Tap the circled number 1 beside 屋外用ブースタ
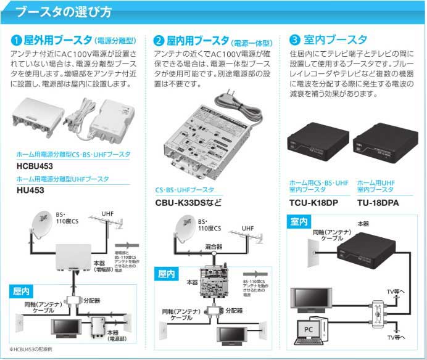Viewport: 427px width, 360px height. click(x=17, y=41)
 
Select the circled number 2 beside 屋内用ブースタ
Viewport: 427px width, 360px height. click(x=159, y=41)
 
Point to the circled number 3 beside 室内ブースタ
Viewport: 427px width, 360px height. click(x=295, y=41)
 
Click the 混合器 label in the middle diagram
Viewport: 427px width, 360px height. click(x=213, y=247)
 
